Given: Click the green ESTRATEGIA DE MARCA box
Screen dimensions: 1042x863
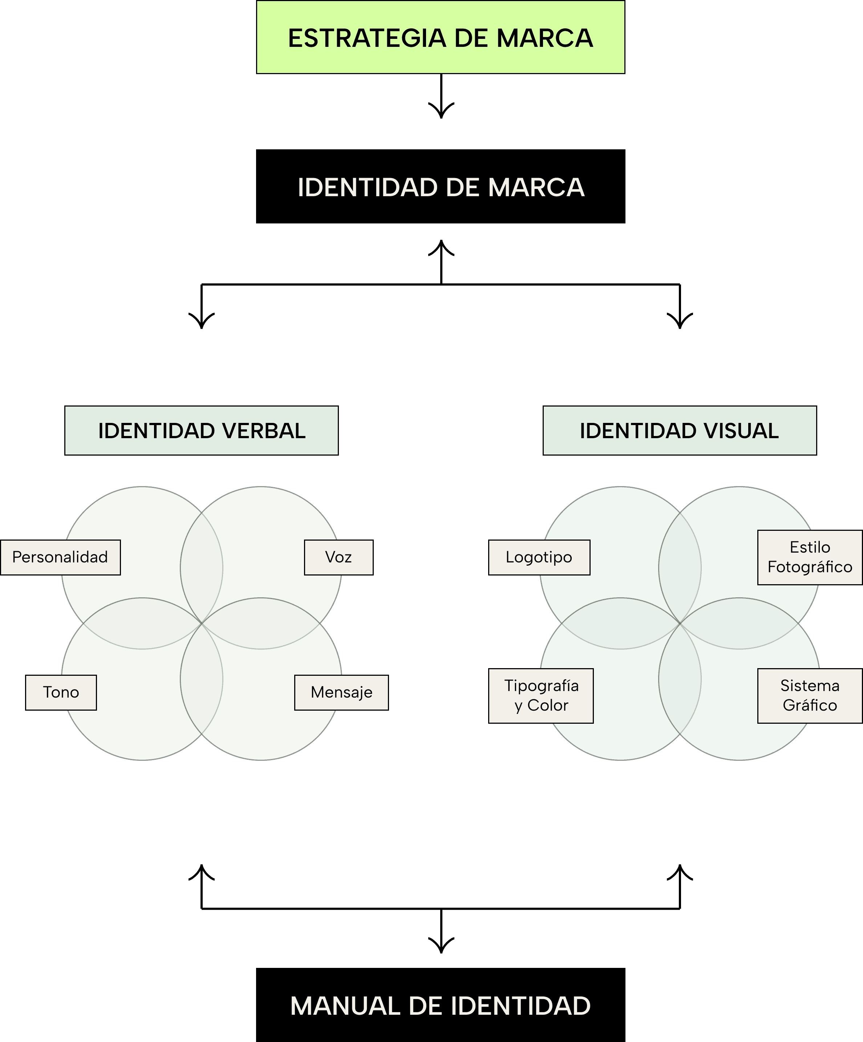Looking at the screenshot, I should tap(441, 37).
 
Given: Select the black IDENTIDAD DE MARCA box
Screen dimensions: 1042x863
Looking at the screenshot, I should tap(441, 187).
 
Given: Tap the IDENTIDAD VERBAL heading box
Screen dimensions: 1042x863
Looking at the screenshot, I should tap(201, 431).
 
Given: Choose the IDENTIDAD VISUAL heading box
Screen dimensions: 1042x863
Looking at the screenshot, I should tap(680, 431).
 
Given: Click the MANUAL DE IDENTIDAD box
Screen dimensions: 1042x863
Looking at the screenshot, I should tap(441, 1005).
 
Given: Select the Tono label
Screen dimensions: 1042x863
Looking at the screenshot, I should tap(61, 692).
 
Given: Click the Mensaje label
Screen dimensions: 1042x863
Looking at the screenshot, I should tap(341, 692).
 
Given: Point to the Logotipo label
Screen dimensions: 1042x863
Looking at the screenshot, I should tap(539, 557).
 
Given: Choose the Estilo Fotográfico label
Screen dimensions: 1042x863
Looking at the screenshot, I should tap(810, 557).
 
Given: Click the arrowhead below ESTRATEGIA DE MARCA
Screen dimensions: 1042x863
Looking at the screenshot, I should tap(441, 112).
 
